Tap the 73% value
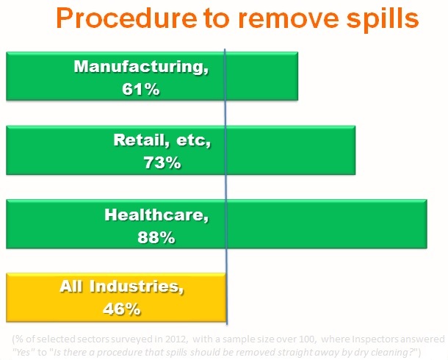pos(162,162)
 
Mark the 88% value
pos(156,237)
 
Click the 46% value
pos(121,309)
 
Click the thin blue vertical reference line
pos(225,184)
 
